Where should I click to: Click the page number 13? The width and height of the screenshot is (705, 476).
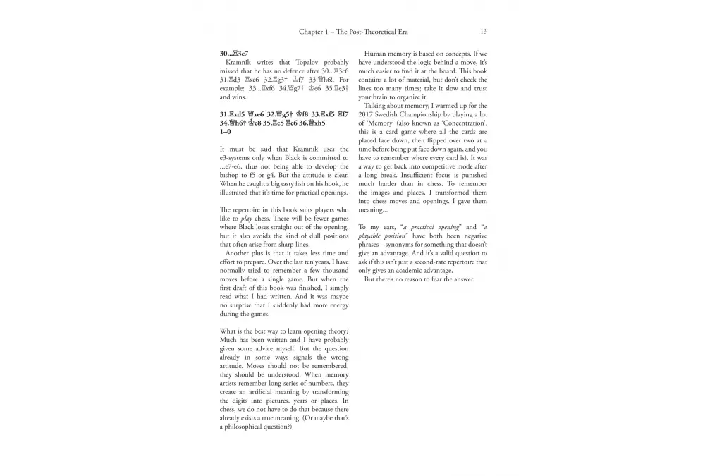click(x=484, y=32)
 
